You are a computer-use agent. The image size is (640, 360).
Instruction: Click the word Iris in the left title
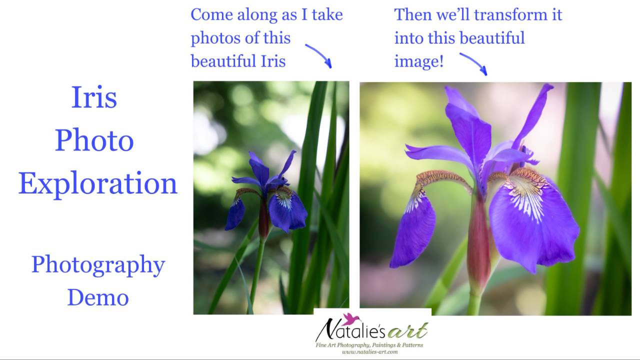pos(94,97)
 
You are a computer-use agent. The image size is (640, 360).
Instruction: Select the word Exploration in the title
pos(98,183)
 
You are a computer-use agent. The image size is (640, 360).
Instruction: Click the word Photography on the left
pos(98,265)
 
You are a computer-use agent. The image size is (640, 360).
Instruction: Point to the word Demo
pos(98,297)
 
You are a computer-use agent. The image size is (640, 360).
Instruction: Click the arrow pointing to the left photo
pos(318,55)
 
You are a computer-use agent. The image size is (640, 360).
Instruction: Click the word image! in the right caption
pos(418,61)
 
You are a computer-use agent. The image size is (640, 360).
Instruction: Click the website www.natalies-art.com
pos(369,352)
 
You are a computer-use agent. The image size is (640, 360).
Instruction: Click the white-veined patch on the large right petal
pos(525,197)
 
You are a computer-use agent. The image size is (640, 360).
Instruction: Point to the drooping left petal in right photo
pos(413,230)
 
